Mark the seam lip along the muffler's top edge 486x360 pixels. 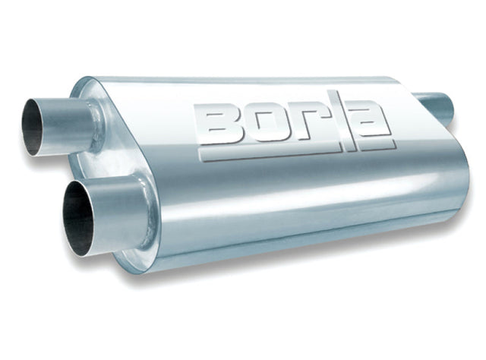point(251,79)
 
